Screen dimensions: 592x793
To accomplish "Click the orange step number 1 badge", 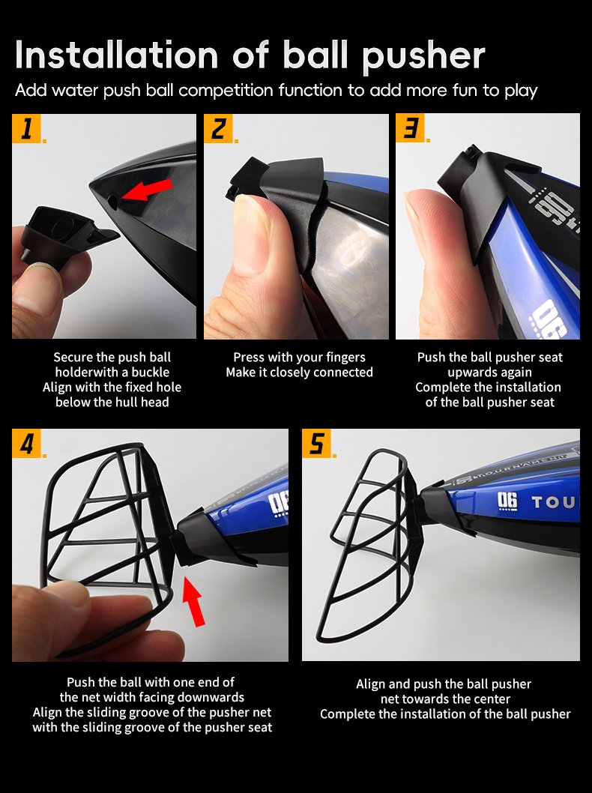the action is click(x=26, y=128).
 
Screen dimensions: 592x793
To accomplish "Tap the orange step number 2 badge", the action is click(x=218, y=128).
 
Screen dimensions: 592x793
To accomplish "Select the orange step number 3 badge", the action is click(x=410, y=128).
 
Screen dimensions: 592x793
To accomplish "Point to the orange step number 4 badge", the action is click(x=26, y=443).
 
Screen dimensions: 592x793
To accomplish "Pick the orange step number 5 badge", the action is click(x=316, y=443).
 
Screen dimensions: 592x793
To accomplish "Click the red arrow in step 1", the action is click(x=147, y=190).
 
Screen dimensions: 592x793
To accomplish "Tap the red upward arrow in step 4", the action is click(x=193, y=602).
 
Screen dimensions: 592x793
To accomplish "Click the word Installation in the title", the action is click(x=117, y=55).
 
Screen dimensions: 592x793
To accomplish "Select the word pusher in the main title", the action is click(x=423, y=56).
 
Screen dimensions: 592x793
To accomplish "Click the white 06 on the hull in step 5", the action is click(x=507, y=501).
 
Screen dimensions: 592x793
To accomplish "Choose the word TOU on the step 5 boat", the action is click(x=553, y=502).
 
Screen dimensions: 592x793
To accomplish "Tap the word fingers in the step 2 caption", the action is click(x=345, y=358).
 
